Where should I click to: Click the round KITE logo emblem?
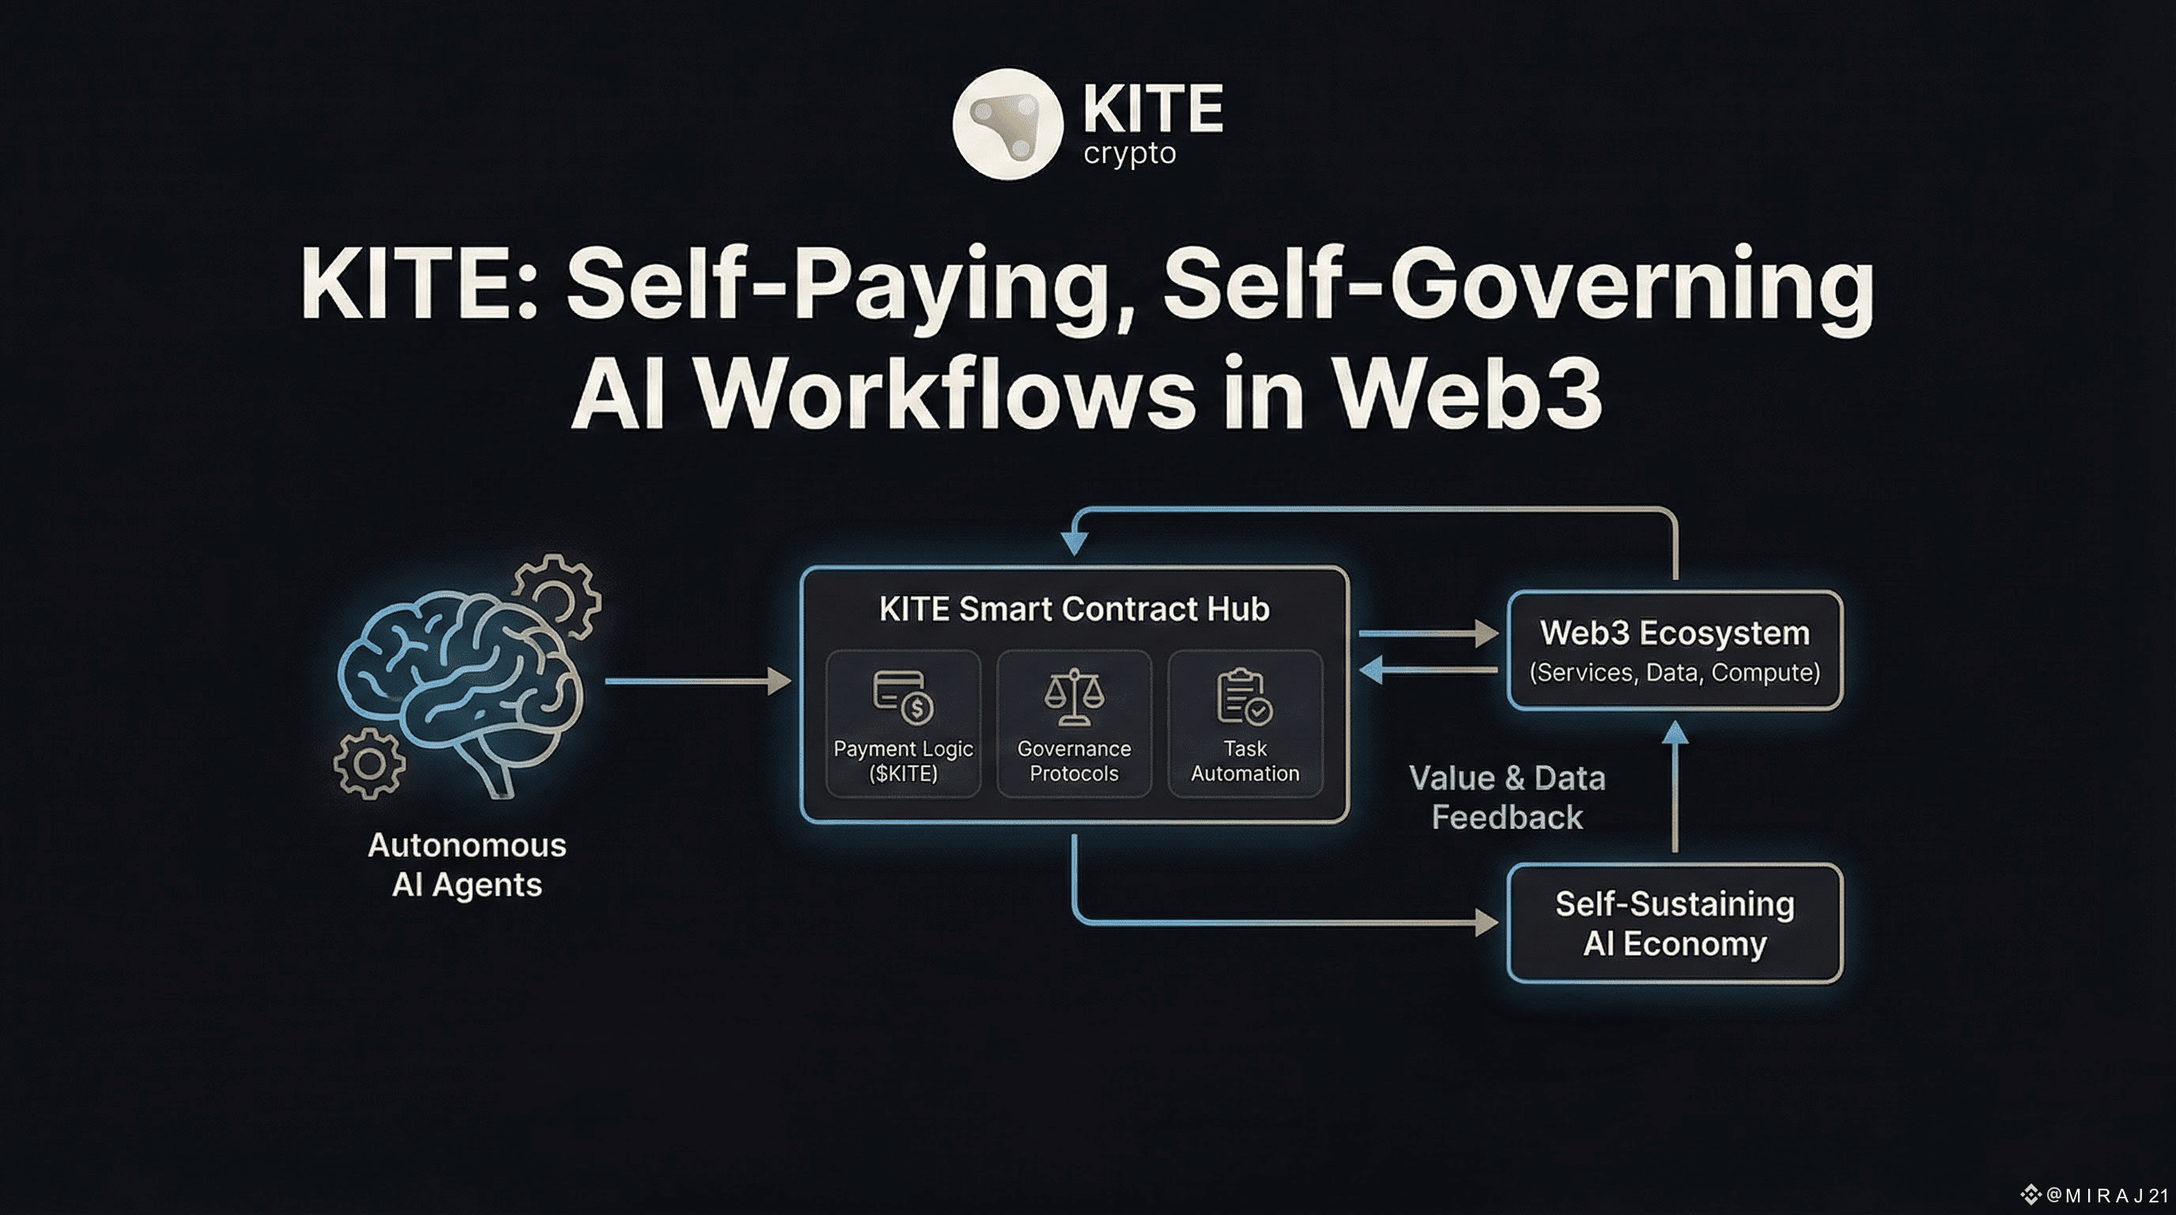pos(1007,124)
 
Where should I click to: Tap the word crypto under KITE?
pos(1129,153)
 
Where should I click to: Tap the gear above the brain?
pos(557,595)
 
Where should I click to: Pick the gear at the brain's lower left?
pos(369,763)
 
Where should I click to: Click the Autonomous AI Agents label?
pos(467,865)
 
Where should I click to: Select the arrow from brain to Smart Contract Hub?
pos(697,681)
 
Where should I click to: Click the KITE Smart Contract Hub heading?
pos(1074,608)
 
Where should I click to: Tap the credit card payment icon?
pos(902,697)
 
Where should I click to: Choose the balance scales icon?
pos(1074,697)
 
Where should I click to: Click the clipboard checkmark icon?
pos(1244,697)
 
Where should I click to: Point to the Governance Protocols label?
pos(1074,760)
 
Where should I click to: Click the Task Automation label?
pos(1245,760)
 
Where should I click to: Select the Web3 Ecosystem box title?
pos(1674,633)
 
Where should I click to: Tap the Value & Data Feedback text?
pos(1507,797)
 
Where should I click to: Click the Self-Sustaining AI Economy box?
pos(1674,922)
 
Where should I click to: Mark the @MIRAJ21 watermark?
pos(2099,1194)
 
